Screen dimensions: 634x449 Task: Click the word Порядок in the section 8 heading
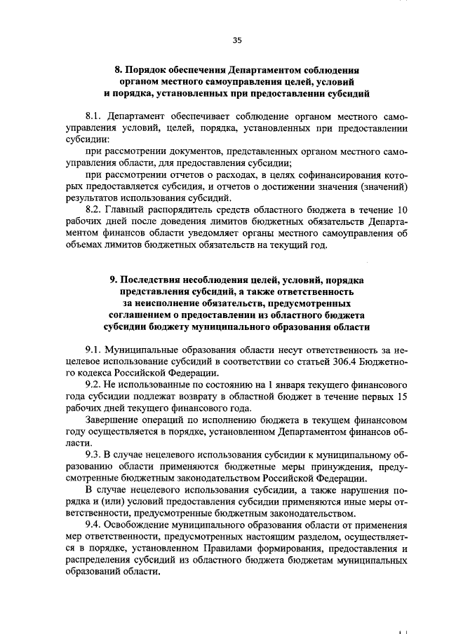coord(148,70)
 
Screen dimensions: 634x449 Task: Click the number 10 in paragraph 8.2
coord(402,209)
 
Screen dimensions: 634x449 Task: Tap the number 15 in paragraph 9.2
coord(402,399)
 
